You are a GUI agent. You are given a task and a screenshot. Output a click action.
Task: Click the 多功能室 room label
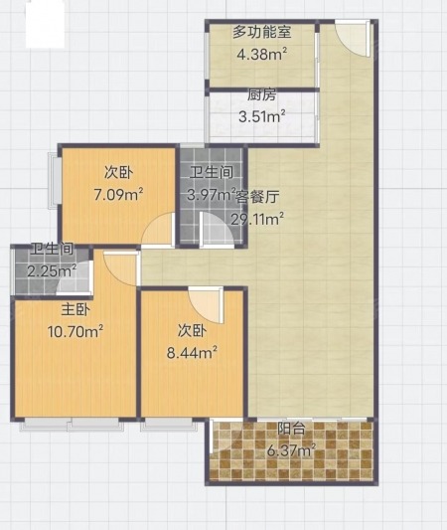point(261,33)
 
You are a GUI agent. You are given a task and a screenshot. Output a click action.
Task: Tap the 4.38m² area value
point(262,54)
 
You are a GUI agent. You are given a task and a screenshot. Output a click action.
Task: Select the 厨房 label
point(262,95)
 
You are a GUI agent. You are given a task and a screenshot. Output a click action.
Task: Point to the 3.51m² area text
point(262,116)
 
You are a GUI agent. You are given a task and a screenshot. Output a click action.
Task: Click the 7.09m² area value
point(118,195)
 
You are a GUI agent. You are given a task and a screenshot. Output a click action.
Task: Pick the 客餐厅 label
point(257,197)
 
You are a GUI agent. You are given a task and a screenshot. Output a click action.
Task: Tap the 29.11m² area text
point(257,220)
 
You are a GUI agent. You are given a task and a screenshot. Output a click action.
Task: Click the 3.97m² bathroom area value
point(212,194)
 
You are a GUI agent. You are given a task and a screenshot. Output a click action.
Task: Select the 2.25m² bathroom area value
point(52,270)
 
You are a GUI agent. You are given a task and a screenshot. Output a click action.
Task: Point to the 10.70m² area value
point(75,331)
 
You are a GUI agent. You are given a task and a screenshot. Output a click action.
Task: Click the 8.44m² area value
point(192,353)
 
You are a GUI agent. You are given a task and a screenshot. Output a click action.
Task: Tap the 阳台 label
point(292,429)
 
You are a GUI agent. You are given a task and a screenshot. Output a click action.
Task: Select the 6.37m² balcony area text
point(292,450)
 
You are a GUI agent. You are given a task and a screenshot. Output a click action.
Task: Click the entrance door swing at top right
point(352,37)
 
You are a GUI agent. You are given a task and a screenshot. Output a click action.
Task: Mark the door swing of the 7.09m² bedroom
point(158,229)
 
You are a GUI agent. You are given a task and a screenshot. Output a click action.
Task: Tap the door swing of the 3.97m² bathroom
point(217,228)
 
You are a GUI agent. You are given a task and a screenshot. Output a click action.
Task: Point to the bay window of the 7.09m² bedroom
point(55,181)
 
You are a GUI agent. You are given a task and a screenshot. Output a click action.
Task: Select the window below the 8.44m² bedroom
point(168,425)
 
